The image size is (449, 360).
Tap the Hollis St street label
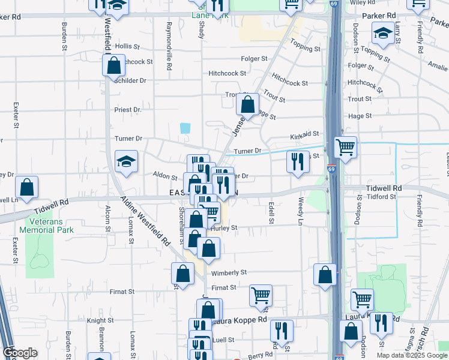coord(127,46)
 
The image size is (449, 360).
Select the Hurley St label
coord(224,228)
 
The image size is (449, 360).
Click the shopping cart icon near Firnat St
coord(261,295)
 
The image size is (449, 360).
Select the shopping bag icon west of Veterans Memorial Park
coord(26,186)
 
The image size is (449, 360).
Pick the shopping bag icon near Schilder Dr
coord(114,64)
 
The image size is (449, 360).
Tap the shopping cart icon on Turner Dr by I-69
coord(345,146)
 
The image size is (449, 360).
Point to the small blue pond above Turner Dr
coord(185,128)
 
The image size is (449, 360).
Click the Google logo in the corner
coord(20,352)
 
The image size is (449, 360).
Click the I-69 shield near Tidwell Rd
coord(331,169)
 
